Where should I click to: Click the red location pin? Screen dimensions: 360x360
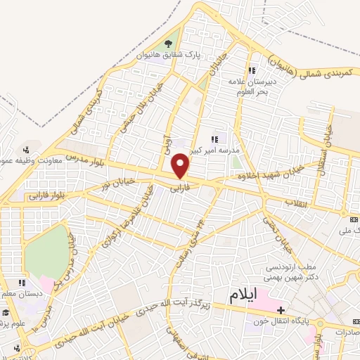pyautogui.click(x=181, y=166)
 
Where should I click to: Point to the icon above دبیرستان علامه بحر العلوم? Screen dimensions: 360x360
pyautogui.click(x=252, y=70)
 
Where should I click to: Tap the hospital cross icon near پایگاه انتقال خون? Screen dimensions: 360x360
pyautogui.click(x=281, y=310)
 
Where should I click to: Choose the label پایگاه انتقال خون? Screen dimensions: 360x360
pyautogui.click(x=281, y=322)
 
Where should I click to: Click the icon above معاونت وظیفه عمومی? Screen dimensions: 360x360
pyautogui.click(x=26, y=149)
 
